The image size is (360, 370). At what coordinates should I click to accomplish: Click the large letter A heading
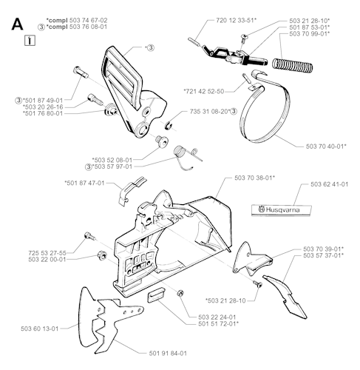[17, 24]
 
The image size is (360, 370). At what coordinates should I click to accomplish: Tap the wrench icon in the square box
[30, 41]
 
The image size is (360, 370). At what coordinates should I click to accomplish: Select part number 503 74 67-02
[89, 20]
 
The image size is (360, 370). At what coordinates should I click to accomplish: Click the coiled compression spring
[292, 65]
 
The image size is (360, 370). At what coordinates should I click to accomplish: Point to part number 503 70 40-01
[325, 147]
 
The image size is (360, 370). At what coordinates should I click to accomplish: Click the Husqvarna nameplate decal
[282, 210]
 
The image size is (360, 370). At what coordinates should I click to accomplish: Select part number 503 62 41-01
[330, 184]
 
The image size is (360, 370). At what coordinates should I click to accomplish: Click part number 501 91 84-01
[168, 354]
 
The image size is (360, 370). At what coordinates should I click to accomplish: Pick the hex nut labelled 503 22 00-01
[101, 255]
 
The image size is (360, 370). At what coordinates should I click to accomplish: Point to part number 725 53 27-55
[47, 253]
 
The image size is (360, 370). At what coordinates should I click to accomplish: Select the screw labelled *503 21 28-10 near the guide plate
[259, 284]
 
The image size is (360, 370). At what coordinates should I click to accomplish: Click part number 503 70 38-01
[254, 178]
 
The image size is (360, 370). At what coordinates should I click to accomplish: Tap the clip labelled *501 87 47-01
[132, 189]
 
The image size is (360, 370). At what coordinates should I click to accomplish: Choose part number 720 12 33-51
[235, 20]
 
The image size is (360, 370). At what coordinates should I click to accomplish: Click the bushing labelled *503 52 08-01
[161, 141]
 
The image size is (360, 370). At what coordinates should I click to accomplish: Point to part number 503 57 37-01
[322, 255]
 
